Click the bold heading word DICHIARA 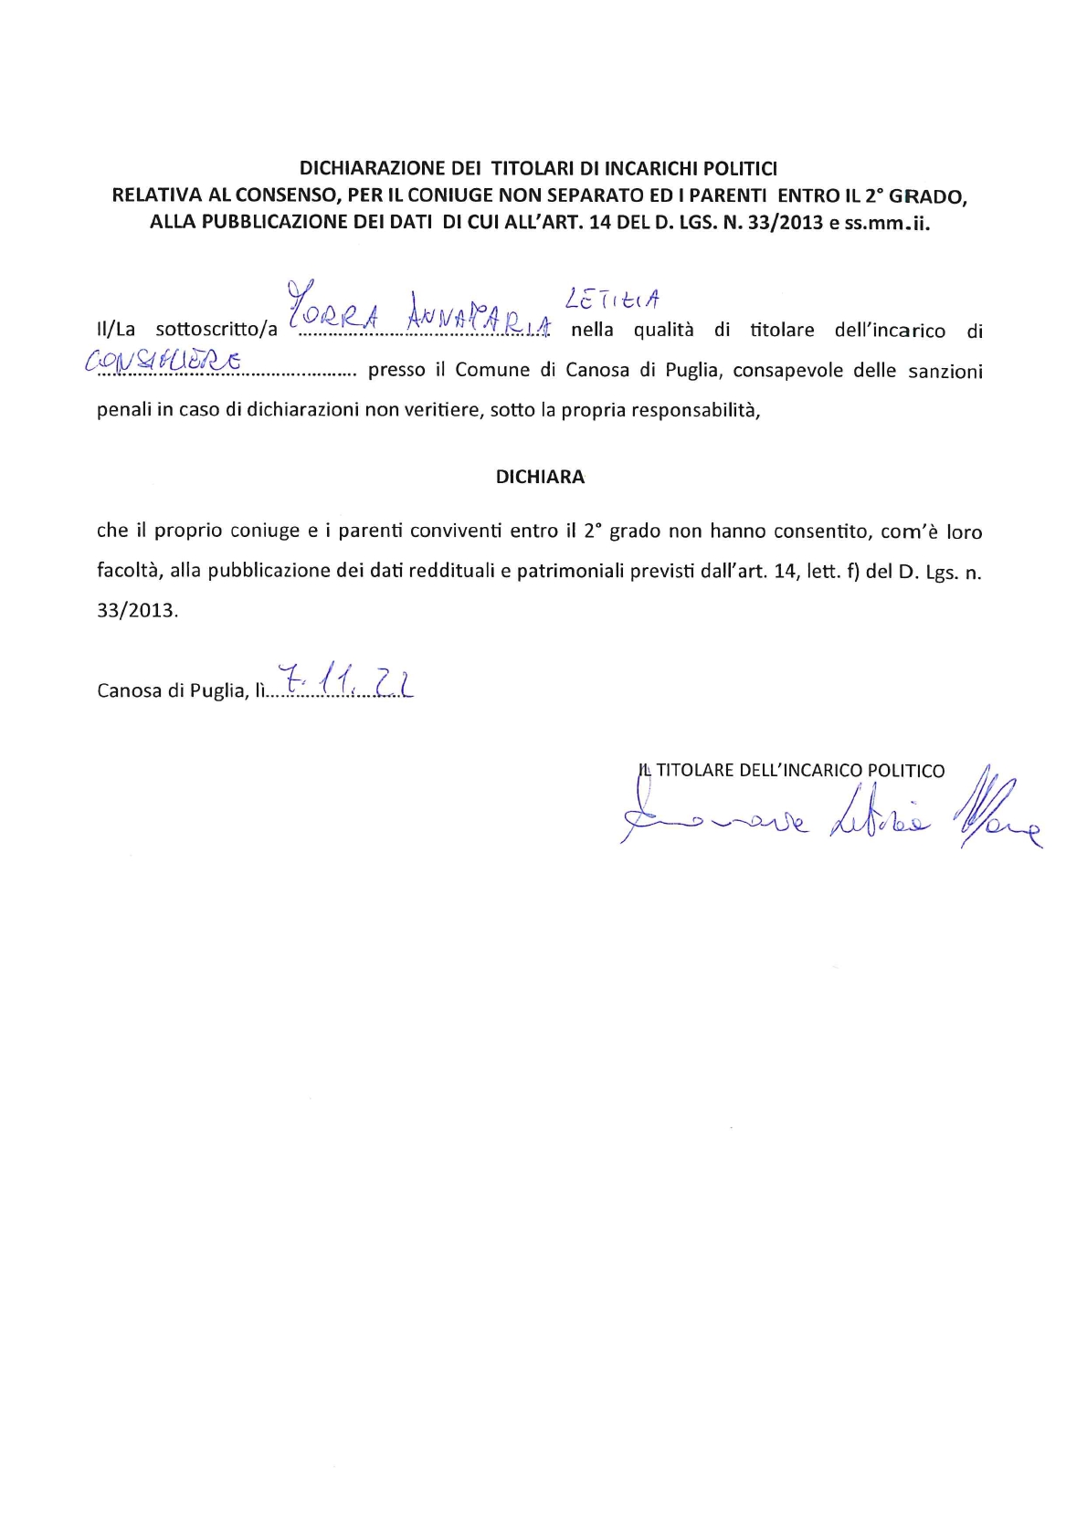tap(540, 477)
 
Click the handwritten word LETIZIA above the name tap(613, 299)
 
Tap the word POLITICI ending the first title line tap(738, 168)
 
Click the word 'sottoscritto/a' tap(216, 331)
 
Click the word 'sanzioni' tap(945, 371)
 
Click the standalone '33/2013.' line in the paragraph tap(138, 610)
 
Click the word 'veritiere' tap(443, 410)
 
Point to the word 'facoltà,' tap(128, 571)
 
